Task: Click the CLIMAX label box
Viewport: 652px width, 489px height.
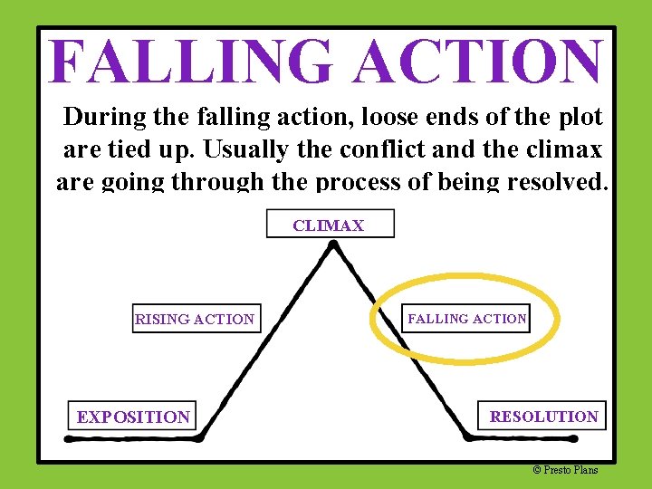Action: [x=330, y=225]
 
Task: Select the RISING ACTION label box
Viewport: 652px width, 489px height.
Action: [x=196, y=319]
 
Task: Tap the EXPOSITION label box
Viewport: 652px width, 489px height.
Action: [x=133, y=417]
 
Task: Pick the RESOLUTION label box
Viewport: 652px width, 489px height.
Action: [x=543, y=417]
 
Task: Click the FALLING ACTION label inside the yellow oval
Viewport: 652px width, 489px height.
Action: [x=466, y=319]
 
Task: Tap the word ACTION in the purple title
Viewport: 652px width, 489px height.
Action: [x=479, y=62]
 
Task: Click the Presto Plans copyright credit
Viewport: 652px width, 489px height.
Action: [x=565, y=469]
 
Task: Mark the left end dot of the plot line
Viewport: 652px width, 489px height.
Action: [x=70, y=437]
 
